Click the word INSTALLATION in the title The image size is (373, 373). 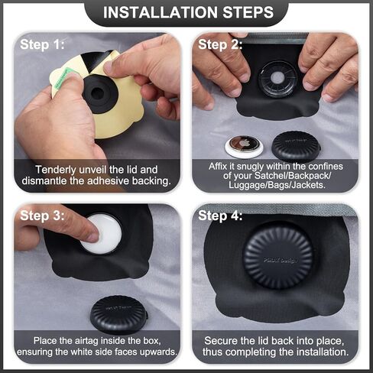pyautogui.click(x=161, y=12)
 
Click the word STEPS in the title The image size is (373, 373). pyautogui.click(x=248, y=12)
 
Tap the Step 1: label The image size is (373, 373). pyautogui.click(x=42, y=44)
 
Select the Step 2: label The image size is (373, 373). pyautogui.click(x=220, y=44)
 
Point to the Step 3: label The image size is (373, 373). pyautogui.click(x=42, y=216)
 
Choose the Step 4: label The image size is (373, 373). pyautogui.click(x=220, y=216)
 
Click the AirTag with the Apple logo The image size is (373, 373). pyautogui.click(x=244, y=147)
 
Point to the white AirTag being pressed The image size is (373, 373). pyautogui.click(x=105, y=234)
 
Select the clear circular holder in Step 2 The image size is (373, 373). pyautogui.click(x=277, y=79)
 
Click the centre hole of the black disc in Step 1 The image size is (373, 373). pyautogui.click(x=97, y=94)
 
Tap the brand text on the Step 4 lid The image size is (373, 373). pyautogui.click(x=280, y=261)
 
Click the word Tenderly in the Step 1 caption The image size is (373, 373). pyautogui.click(x=56, y=170)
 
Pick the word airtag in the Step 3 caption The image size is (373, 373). pyautogui.click(x=87, y=341)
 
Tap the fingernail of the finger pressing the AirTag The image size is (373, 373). pyautogui.click(x=92, y=237)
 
